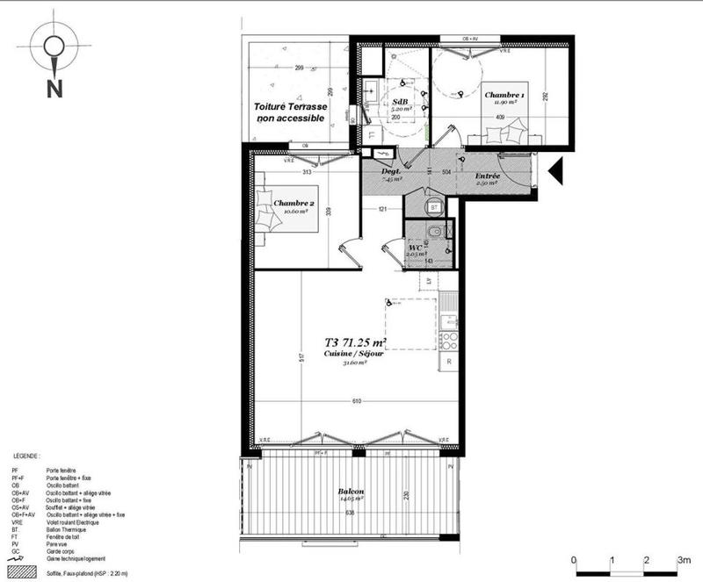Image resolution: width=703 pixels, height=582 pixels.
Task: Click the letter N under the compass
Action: pyautogui.click(x=54, y=88)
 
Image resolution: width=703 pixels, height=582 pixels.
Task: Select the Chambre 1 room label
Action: pyautogui.click(x=504, y=95)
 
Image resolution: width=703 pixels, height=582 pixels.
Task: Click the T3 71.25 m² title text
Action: pyautogui.click(x=356, y=343)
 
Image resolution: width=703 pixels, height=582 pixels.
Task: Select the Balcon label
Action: pyautogui.click(x=351, y=492)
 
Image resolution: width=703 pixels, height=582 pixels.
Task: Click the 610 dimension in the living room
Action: pyautogui.click(x=356, y=401)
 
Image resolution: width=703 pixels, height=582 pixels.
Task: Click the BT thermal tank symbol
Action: pyautogui.click(x=434, y=205)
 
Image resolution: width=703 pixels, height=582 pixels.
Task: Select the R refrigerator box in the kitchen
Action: pyautogui.click(x=449, y=361)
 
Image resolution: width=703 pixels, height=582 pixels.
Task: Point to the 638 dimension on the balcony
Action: pyautogui.click(x=351, y=513)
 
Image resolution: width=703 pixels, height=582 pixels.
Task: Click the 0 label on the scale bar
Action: pyautogui.click(x=573, y=559)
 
